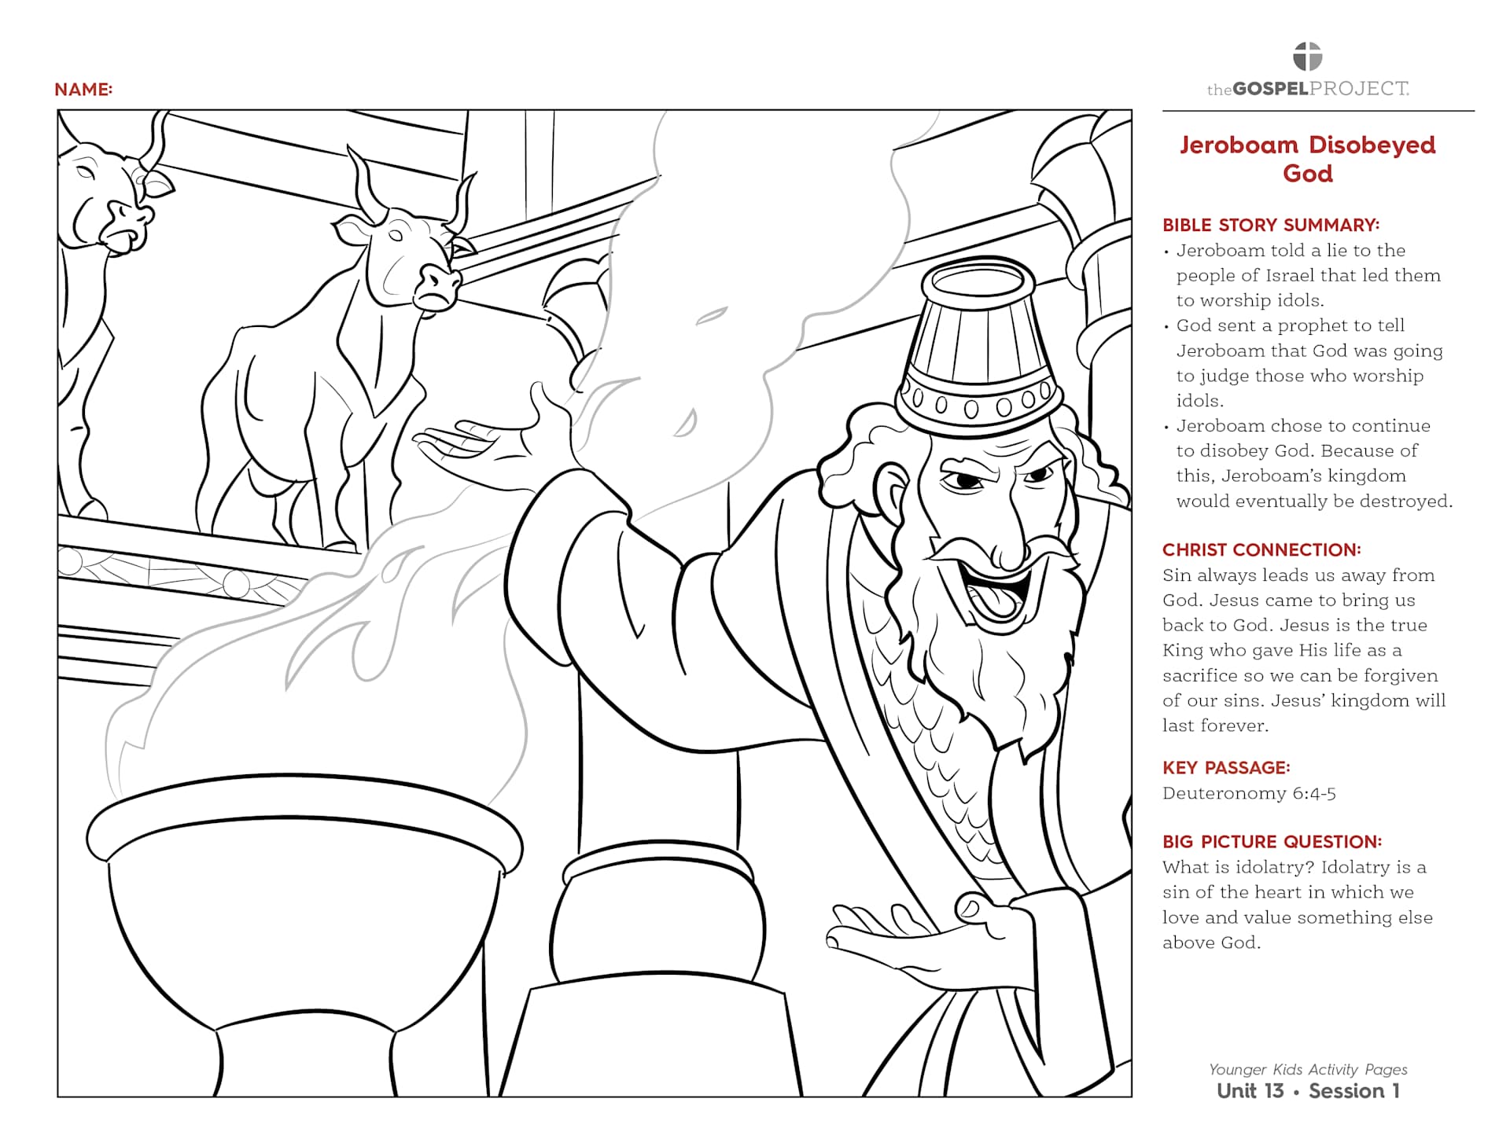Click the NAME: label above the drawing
pos(83,90)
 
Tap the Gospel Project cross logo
pos(1307,57)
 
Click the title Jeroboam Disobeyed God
pos(1307,159)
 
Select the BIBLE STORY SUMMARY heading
pos(1271,225)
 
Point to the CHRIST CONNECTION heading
pos(1261,549)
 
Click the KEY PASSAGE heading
pos(1226,767)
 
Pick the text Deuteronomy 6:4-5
pos(1249,793)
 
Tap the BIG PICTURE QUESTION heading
pos(1272,841)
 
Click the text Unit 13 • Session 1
pos(1307,1091)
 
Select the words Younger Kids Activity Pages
pos(1307,1069)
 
